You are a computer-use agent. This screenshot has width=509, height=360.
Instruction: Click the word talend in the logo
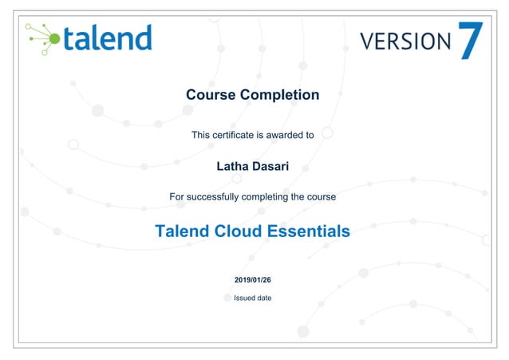click(x=107, y=38)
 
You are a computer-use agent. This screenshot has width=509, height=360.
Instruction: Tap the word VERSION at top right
click(x=405, y=41)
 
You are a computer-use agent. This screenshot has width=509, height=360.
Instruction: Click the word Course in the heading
click(x=211, y=95)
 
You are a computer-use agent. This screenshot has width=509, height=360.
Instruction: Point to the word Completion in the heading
click(x=280, y=95)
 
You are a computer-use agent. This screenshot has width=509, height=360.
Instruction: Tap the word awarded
click(x=283, y=135)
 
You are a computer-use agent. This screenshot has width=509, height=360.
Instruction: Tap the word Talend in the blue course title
click(x=182, y=231)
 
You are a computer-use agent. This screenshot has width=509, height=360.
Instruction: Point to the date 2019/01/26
click(x=253, y=279)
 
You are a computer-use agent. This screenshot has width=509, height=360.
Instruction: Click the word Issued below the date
click(x=244, y=298)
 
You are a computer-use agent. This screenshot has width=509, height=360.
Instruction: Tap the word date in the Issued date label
click(x=264, y=298)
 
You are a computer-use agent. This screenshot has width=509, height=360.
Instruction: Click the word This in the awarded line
click(x=200, y=135)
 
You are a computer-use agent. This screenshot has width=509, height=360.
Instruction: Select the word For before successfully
click(x=177, y=196)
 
